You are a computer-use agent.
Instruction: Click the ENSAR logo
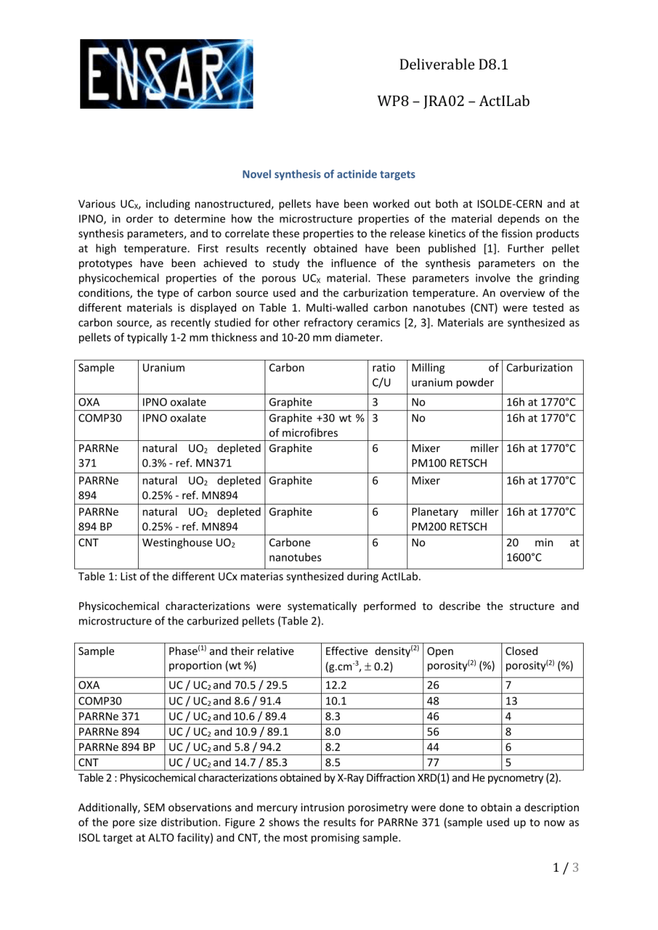tap(166, 74)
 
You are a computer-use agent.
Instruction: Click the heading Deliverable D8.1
tap(453, 64)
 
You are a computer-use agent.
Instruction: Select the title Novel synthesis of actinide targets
tap(328, 174)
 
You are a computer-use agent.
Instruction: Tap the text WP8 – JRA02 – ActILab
tap(453, 101)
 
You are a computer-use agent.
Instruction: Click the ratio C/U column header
tap(383, 375)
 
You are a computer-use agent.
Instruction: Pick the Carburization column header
tap(539, 368)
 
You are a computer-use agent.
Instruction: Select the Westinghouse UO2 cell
tap(189, 543)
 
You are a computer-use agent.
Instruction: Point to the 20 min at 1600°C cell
tap(542, 550)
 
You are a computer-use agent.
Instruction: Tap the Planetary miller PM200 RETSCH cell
tap(454, 519)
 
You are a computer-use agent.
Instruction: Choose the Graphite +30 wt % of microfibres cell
tap(316, 426)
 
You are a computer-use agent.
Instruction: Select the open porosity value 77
tap(433, 763)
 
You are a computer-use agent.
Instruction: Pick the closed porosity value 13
tap(511, 701)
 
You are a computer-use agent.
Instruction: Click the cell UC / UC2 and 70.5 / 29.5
tap(228, 685)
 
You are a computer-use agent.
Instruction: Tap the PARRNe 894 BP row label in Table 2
tap(117, 747)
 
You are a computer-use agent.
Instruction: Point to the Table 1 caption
tap(249, 577)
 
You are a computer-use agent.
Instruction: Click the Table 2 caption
tap(320, 778)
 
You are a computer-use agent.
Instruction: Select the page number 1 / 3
tap(566, 868)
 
